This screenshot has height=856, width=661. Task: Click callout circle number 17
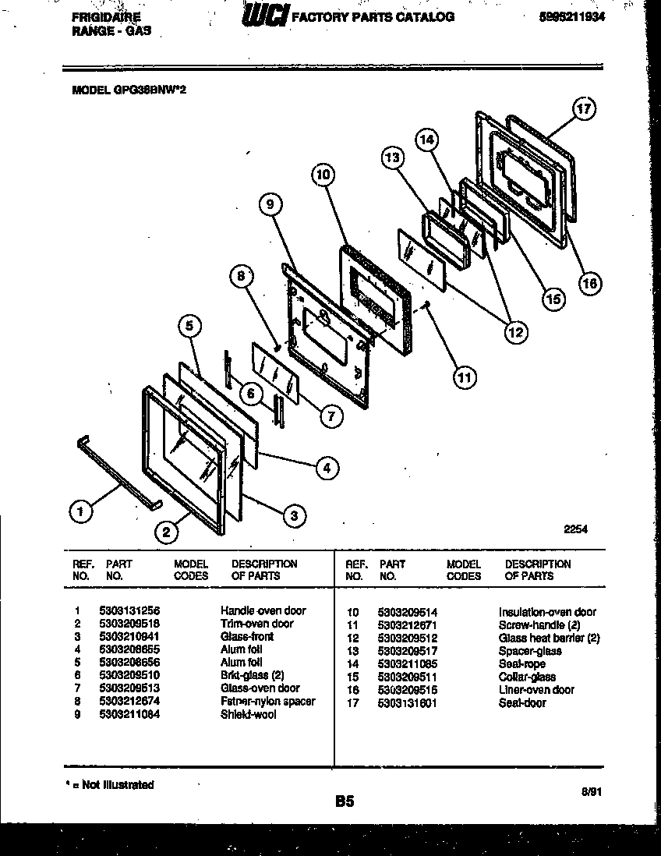point(583,110)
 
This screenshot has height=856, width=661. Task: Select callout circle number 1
point(79,512)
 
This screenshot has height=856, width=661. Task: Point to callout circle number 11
point(464,378)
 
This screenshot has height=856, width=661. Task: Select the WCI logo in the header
point(264,16)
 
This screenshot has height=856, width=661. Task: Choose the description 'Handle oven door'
point(263,610)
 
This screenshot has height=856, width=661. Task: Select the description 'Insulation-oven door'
point(547,612)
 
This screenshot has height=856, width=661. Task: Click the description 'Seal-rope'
point(521,664)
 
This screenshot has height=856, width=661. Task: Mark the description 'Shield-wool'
point(247,713)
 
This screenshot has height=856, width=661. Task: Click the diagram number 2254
point(575,529)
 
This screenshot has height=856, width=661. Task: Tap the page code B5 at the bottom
point(345,801)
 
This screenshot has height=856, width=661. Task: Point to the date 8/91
point(592,791)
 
